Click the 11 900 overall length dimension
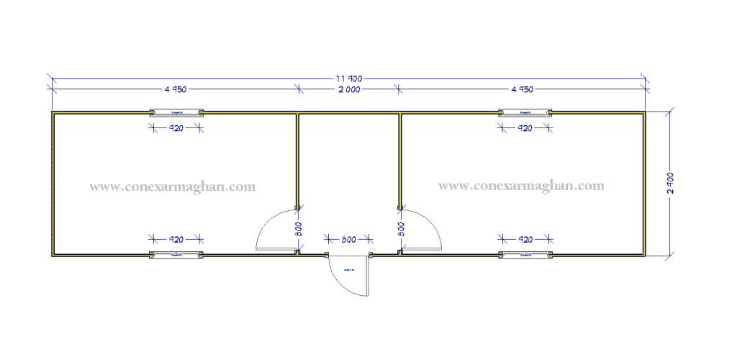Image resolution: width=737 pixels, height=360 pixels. pyautogui.click(x=348, y=78)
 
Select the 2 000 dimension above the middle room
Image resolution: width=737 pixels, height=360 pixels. pyautogui.click(x=349, y=90)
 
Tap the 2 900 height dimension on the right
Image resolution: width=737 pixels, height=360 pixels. pyautogui.click(x=670, y=183)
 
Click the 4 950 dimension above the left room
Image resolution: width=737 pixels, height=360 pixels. pyautogui.click(x=176, y=90)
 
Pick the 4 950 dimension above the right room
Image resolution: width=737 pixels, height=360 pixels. pyautogui.click(x=523, y=90)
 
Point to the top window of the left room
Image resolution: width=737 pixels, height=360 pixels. pyautogui.click(x=176, y=112)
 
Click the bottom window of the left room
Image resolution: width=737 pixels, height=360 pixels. pyautogui.click(x=176, y=255)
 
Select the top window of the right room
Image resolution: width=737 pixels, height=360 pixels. pyautogui.click(x=525, y=112)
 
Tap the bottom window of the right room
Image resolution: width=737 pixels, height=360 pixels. pyautogui.click(x=525, y=255)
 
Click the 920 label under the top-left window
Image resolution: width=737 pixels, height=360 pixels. pyautogui.click(x=176, y=128)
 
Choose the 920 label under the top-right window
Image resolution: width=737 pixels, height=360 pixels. pyautogui.click(x=525, y=128)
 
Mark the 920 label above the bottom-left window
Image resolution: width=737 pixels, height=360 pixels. pyautogui.click(x=176, y=239)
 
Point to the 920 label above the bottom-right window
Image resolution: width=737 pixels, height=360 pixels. pyautogui.click(x=525, y=239)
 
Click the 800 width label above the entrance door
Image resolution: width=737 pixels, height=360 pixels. pyautogui.click(x=348, y=239)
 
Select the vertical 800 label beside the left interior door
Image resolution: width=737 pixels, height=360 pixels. pyautogui.click(x=298, y=229)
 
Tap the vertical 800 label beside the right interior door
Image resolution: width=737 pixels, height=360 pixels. pyautogui.click(x=401, y=229)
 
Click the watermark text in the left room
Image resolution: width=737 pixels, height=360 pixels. pyautogui.click(x=172, y=185)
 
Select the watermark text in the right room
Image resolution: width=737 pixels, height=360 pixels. pyautogui.click(x=521, y=184)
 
